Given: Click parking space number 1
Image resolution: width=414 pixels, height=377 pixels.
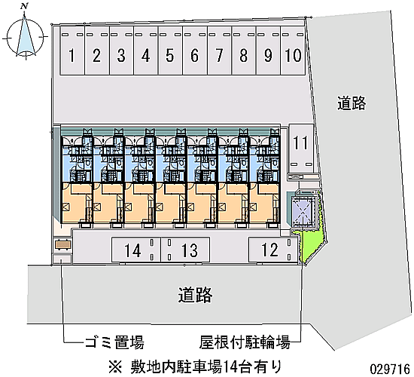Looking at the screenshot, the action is click(72, 51).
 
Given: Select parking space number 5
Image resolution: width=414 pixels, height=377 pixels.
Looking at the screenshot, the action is click(170, 51).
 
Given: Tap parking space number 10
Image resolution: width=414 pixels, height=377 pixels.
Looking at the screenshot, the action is click(293, 51).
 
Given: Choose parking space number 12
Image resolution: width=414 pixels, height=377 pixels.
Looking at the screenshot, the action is click(273, 250).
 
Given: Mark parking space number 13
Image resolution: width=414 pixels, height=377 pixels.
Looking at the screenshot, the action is click(185, 250).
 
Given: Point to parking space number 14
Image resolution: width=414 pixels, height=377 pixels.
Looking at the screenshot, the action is click(136, 250).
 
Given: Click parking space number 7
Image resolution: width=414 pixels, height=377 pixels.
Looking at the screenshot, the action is click(219, 51).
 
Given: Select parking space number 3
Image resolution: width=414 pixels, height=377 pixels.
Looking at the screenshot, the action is click(121, 51).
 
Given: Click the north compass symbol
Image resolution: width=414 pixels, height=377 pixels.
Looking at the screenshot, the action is click(25, 36).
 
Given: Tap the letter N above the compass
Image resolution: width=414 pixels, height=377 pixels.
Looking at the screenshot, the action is click(24, 7).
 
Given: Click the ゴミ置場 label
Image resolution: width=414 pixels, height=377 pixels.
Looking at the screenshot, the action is click(114, 342).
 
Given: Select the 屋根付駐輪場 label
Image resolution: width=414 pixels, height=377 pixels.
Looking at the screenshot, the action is click(245, 342).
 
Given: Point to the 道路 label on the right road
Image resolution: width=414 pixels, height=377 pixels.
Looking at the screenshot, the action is click(352, 103).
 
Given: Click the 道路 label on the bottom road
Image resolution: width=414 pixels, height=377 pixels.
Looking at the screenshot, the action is click(195, 295).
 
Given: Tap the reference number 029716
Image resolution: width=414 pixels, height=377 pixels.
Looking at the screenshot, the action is click(390, 369).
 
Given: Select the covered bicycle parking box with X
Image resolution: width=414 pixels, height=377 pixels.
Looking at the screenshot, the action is click(303, 212).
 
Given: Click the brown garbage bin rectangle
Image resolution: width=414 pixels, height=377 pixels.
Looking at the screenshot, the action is click(62, 244).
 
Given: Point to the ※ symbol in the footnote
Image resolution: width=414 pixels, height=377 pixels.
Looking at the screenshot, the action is click(115, 367).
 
